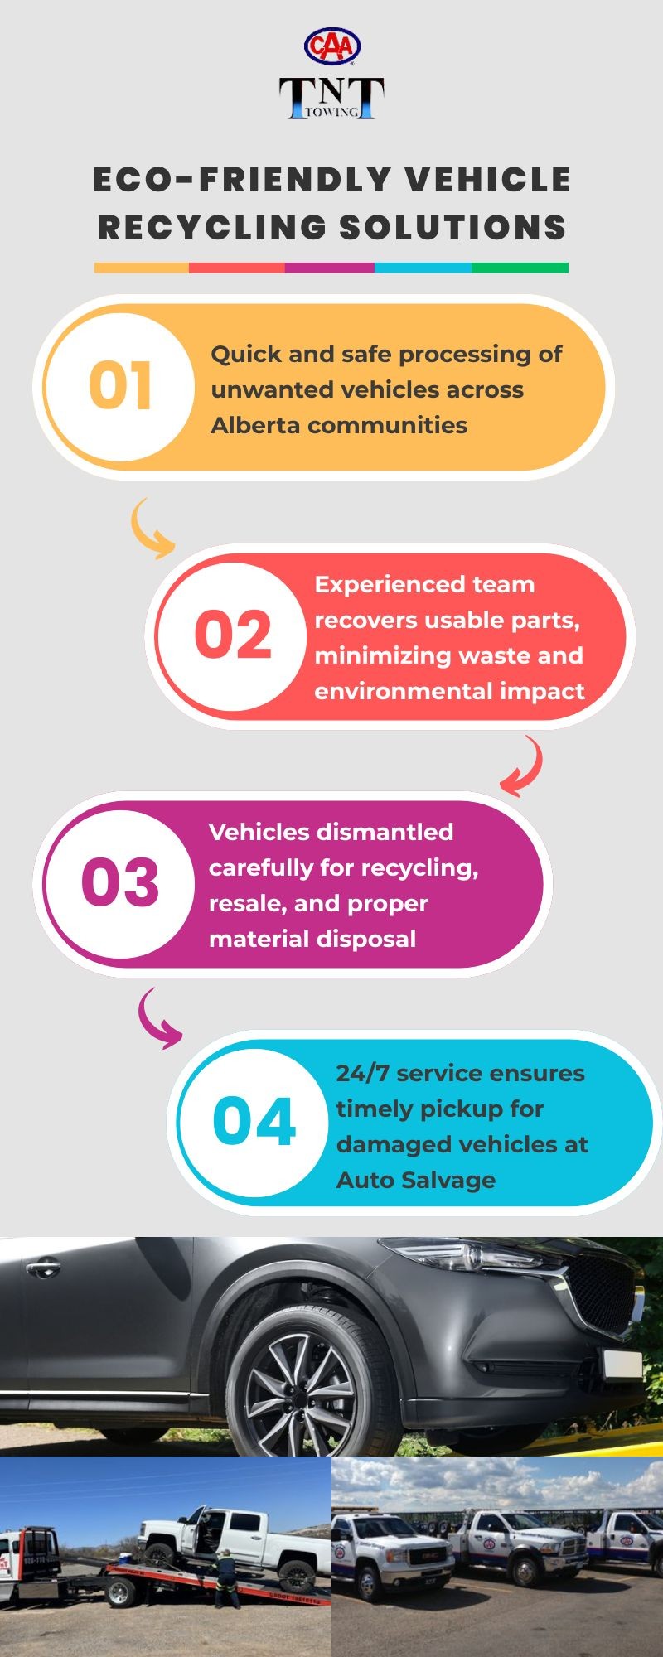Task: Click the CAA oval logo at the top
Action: pos(331,46)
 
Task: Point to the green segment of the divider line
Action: pos(520,268)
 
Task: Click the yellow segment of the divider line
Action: pos(142,268)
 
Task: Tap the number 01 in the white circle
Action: pos(120,385)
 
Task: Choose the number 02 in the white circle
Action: pos(233,635)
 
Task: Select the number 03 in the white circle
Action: pos(120,882)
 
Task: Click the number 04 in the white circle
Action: pos(254,1122)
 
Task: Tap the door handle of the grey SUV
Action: pos(42,1268)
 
